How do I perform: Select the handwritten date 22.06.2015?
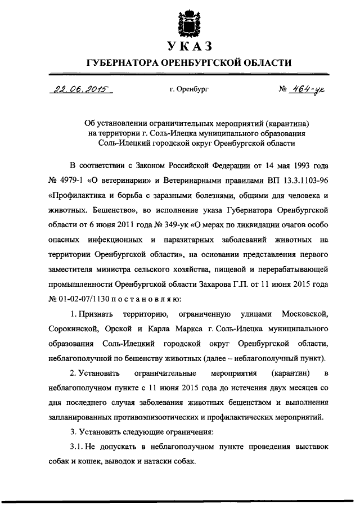pyautogui.click(x=81, y=89)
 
